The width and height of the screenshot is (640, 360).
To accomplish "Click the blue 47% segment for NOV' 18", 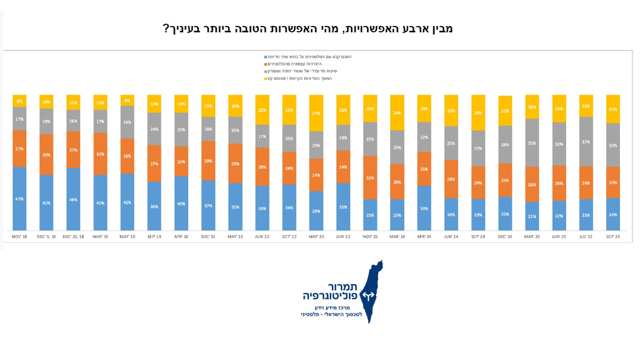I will tap(19, 198).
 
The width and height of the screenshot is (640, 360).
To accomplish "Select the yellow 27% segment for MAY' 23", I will tap(316, 113).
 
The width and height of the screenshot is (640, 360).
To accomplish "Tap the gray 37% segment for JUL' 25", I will tap(586, 142).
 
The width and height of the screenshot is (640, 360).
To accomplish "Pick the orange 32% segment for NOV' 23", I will tap(370, 178).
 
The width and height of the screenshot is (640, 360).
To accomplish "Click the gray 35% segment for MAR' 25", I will tap(532, 143).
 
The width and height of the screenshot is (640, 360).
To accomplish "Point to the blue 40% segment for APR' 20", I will tap(181, 203).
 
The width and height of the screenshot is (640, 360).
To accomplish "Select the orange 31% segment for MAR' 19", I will tap(100, 154).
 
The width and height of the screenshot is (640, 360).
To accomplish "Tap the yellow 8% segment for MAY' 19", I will tap(127, 100).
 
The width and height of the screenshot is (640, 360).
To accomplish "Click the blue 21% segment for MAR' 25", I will tap(532, 216).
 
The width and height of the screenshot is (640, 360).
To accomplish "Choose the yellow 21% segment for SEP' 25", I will tap(613, 109).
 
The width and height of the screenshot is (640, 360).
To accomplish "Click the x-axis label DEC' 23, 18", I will tap(73, 237).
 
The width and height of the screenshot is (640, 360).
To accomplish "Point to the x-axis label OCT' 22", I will tap(289, 237).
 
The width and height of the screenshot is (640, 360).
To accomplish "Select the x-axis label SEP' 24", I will tap(478, 237).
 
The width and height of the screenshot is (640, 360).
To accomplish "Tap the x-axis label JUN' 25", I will tap(559, 237).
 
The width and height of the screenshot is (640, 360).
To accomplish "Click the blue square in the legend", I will tap(266, 57).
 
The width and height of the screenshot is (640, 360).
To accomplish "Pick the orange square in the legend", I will tap(266, 64).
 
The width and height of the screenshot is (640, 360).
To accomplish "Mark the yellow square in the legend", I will tap(266, 79).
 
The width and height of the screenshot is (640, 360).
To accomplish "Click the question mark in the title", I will tap(166, 29).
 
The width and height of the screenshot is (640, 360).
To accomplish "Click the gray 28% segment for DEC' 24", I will tap(505, 144).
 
